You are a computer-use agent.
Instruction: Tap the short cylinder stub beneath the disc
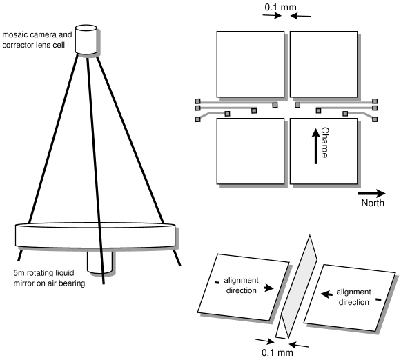click(101, 263)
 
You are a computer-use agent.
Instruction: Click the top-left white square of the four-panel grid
click(249, 64)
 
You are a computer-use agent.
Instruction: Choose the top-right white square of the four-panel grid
click(324, 64)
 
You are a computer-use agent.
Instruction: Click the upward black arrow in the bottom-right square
click(316, 145)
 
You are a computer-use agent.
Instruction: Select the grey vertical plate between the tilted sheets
click(297, 290)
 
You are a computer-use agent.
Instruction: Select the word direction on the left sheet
click(241, 291)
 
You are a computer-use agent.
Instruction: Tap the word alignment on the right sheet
click(354, 292)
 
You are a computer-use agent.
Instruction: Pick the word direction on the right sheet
click(354, 302)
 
